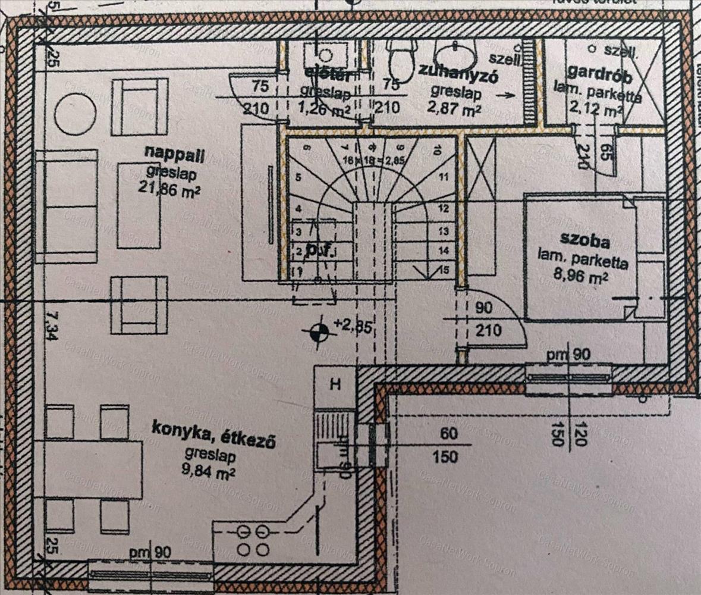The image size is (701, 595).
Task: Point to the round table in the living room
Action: point(76,114)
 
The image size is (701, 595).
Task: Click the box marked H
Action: point(335,384)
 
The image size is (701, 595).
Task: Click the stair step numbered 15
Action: point(442,270)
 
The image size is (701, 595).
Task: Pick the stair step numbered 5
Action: point(298,177)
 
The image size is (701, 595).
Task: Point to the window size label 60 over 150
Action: point(449,445)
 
